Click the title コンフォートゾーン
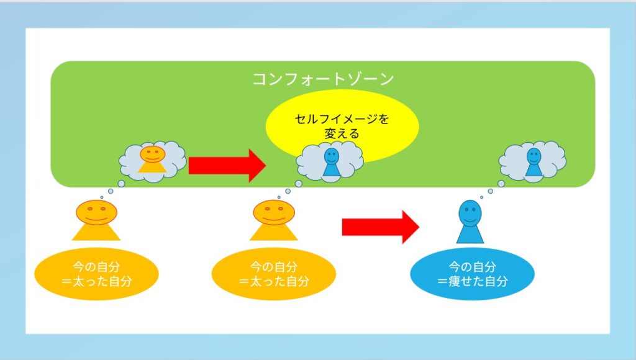click(323, 79)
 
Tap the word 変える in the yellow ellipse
click(342, 133)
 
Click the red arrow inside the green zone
click(227, 165)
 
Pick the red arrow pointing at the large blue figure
click(381, 227)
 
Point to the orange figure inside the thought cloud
click(153, 160)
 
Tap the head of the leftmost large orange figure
click(96, 212)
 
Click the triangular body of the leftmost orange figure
click(96, 233)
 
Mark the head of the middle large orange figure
click(274, 212)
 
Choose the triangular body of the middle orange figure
click(273, 233)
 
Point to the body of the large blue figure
click(470, 235)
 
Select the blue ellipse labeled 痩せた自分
click(472, 274)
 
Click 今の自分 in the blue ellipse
click(472, 267)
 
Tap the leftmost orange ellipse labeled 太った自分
click(96, 274)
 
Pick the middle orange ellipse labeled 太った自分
click(274, 274)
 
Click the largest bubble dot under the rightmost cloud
click(501, 184)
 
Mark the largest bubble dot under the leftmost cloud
click(121, 184)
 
